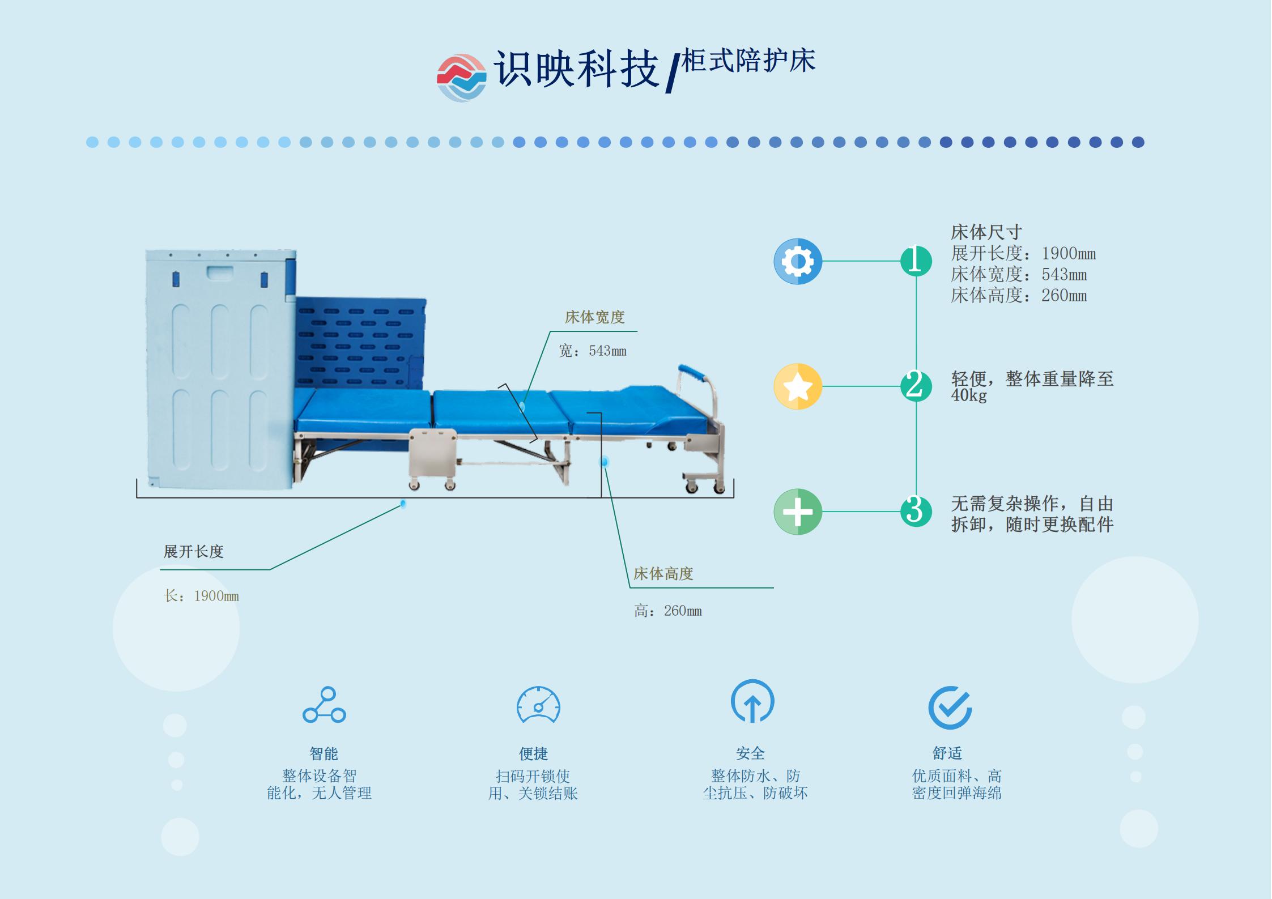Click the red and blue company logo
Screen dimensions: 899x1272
(461, 78)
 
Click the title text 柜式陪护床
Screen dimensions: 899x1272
(748, 61)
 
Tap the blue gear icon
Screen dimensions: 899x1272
(797, 261)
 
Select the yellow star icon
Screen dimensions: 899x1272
(797, 386)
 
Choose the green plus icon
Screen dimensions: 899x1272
(797, 512)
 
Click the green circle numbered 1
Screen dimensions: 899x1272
(916, 261)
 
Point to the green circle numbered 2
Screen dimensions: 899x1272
(916, 386)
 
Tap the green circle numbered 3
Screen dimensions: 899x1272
(916, 511)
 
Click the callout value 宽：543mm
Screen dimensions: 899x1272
(593, 351)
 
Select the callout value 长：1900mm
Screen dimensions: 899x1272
(201, 596)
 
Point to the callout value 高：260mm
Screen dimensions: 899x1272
(668, 611)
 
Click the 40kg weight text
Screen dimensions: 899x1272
(969, 395)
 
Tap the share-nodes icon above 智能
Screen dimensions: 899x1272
(324, 705)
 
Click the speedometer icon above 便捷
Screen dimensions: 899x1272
(538, 705)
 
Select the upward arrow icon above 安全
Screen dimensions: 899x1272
(752, 702)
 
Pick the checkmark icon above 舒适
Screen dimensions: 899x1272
(950, 708)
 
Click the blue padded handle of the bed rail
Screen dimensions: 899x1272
(692, 374)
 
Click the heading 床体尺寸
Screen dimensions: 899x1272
(986, 232)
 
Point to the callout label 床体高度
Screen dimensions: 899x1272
(663, 574)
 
